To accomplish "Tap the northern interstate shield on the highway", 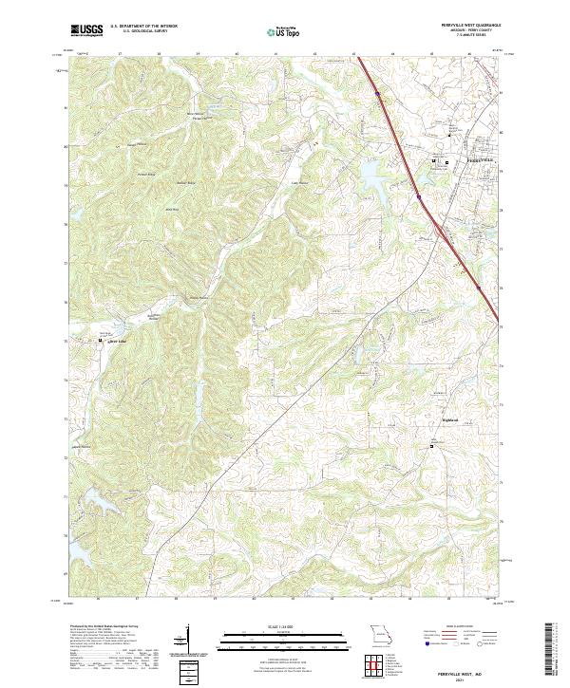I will (x=377, y=94).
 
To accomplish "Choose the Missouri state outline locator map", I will (x=379, y=633).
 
